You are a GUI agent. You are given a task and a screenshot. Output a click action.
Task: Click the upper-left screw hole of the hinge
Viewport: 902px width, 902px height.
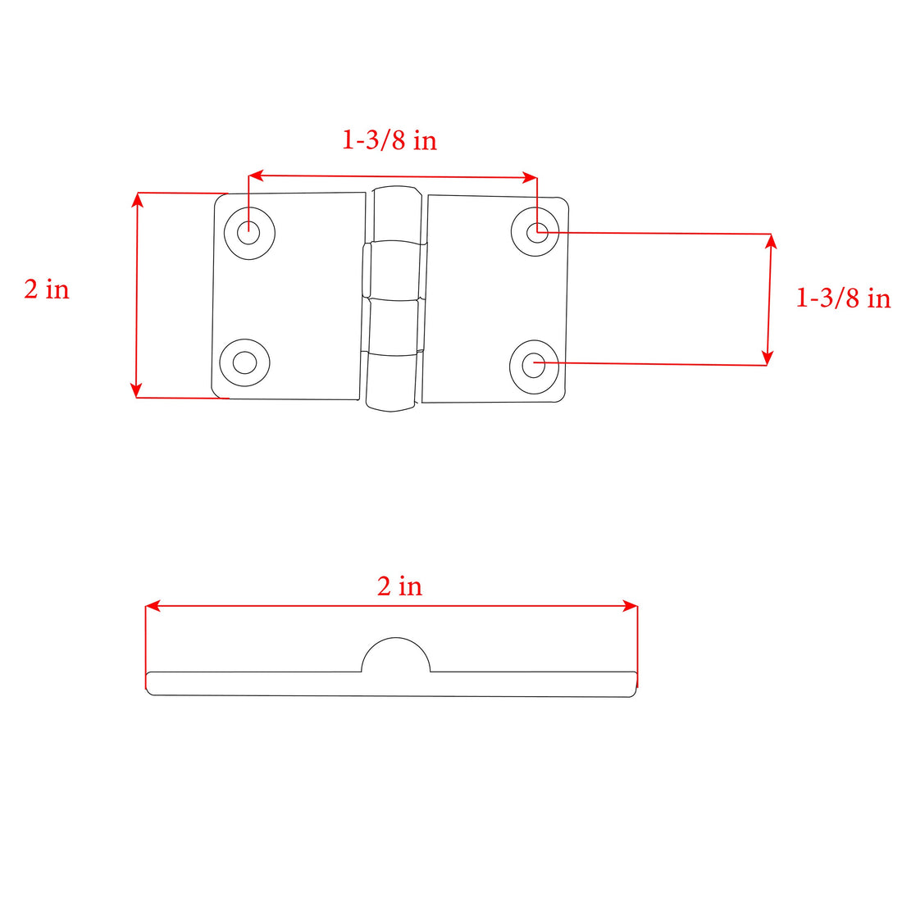(248, 233)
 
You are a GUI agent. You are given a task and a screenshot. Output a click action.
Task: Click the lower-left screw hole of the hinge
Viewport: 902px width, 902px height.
(244, 362)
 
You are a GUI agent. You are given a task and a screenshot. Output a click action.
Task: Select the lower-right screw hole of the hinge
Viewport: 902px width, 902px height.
(533, 364)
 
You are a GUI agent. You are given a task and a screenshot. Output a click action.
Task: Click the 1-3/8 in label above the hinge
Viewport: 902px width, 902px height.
(389, 140)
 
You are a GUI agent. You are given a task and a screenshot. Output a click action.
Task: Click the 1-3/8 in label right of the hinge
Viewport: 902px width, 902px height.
(842, 298)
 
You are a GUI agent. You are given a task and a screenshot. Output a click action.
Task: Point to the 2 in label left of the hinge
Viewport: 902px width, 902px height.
(47, 289)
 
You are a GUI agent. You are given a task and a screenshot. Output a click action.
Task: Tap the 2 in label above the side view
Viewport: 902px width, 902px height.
(399, 586)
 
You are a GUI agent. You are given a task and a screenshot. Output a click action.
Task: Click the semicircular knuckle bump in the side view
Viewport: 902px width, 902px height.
(396, 656)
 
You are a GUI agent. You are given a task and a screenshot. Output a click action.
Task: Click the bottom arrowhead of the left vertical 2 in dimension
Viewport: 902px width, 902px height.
(137, 391)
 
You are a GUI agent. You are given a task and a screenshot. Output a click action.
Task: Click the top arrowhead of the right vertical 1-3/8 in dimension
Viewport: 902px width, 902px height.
(770, 240)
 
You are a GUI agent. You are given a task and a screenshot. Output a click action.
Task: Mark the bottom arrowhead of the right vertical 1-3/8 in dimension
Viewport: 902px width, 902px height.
(768, 358)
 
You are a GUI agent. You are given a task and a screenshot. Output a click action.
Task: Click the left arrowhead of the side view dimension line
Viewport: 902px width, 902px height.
(152, 606)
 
